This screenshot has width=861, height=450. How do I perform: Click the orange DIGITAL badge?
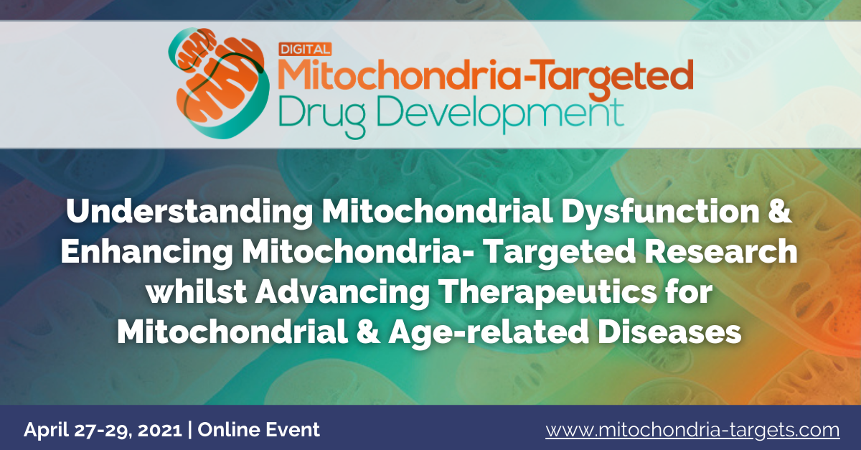(x=305, y=50)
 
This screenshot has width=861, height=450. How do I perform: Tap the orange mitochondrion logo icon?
(x=219, y=83)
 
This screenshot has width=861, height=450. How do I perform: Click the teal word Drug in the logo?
(x=321, y=116)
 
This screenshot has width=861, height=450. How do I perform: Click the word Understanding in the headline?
(x=189, y=212)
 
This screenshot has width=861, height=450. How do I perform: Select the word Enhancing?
(x=146, y=252)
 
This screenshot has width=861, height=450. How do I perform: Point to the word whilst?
(x=196, y=291)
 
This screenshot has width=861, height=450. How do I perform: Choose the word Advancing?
(x=342, y=293)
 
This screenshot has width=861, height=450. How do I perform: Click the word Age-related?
(x=489, y=333)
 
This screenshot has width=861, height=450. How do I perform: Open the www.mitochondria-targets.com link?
(x=692, y=430)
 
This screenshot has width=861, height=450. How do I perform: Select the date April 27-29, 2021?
(x=103, y=430)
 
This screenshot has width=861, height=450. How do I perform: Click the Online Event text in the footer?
(x=259, y=429)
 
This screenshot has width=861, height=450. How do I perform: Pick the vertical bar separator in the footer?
(x=190, y=430)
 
